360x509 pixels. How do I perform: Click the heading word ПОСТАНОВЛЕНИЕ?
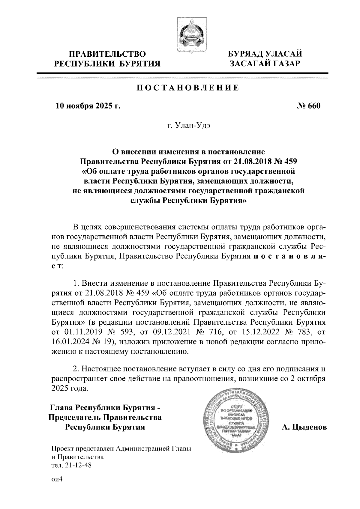click(188, 88)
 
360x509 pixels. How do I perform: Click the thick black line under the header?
click(182, 73)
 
